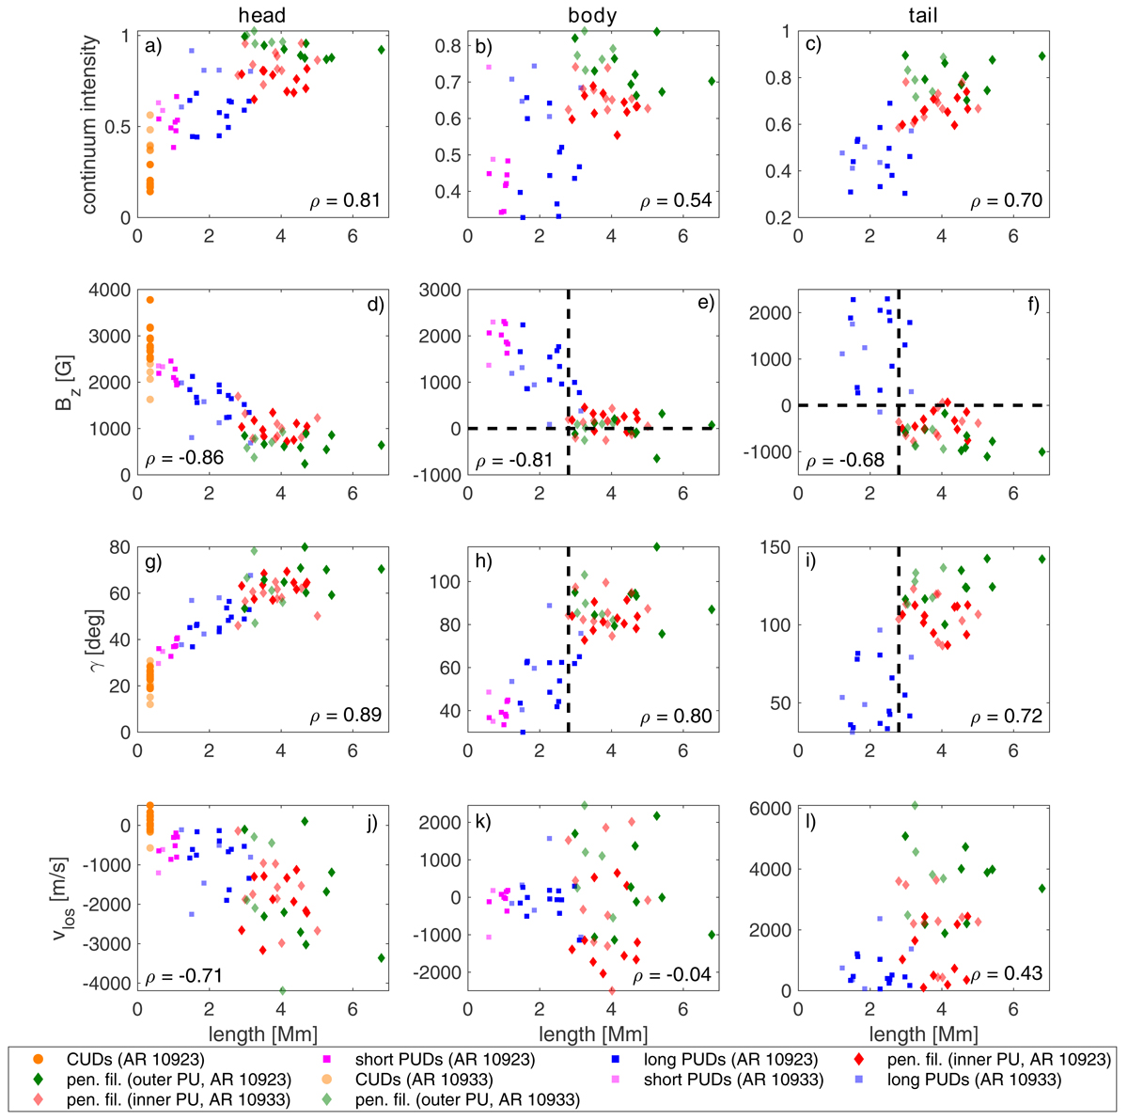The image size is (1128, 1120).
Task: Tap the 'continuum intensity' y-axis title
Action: click(x=91, y=126)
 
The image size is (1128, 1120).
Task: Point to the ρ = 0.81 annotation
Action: click(x=346, y=199)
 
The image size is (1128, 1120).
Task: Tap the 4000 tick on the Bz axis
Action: click(x=109, y=290)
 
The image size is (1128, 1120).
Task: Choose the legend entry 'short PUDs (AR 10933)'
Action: click(x=732, y=1080)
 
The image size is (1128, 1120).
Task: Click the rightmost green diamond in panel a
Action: click(x=382, y=50)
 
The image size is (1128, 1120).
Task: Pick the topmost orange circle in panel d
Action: click(x=149, y=300)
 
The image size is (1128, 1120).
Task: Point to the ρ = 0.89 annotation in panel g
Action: click(x=346, y=716)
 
